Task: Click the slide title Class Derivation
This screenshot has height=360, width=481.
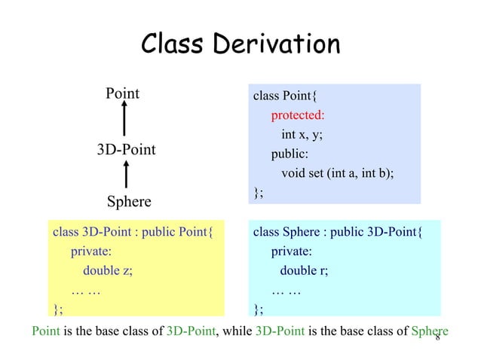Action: click(x=240, y=44)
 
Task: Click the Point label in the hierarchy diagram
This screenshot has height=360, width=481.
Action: click(x=122, y=93)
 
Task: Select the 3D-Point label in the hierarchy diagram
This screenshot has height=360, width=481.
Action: click(x=126, y=149)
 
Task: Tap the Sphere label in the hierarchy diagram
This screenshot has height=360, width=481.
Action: click(x=128, y=202)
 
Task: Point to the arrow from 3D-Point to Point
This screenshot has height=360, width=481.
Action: click(x=124, y=121)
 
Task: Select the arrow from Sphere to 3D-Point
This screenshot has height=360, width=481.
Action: click(x=125, y=175)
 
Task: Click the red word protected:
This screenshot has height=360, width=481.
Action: click(x=298, y=115)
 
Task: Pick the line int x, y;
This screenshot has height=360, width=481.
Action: click(x=307, y=135)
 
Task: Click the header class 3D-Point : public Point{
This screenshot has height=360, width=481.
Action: click(x=133, y=232)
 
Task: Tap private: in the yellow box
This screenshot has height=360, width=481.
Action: click(x=91, y=252)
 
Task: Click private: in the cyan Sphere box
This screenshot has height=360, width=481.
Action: click(x=292, y=252)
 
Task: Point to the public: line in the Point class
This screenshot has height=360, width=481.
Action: click(x=290, y=154)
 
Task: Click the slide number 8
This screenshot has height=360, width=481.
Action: click(x=437, y=337)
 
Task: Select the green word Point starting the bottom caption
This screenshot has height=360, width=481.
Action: click(x=44, y=331)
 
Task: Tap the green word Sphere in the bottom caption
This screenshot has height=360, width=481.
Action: click(x=430, y=331)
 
